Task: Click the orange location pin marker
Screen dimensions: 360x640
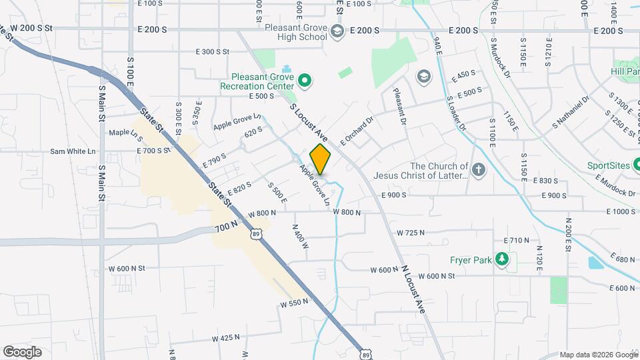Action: [321, 159]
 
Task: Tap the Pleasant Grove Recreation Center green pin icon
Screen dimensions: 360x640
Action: [305, 82]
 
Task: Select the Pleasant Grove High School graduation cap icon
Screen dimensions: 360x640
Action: [338, 31]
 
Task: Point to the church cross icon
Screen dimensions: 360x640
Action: [477, 171]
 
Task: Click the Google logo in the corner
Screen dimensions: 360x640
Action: [23, 352]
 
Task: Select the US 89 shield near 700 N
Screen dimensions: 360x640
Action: [256, 234]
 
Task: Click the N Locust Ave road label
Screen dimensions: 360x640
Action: [413, 289]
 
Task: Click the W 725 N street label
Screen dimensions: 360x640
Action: [411, 233]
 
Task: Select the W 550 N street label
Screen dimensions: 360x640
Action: [294, 302]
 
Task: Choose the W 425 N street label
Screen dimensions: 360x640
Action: [225, 338]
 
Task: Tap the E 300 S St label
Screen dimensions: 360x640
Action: [212, 51]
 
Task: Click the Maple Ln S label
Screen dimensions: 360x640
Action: [126, 133]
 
